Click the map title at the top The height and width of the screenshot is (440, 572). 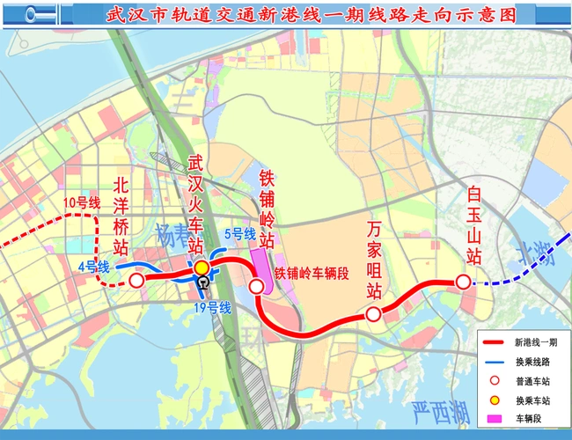pos(311,15)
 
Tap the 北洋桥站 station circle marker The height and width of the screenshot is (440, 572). pos(136,280)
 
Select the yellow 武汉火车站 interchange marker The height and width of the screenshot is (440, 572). pos(202,268)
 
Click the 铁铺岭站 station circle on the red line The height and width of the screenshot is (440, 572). pos(257,286)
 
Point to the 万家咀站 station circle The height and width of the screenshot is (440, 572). pos(373,314)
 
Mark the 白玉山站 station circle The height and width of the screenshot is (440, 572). pos(463,282)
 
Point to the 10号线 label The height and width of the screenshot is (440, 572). pos(82,203)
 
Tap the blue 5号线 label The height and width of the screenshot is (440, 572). pos(238,234)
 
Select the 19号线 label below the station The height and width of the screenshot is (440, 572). pos(212,307)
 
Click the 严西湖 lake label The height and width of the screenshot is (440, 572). pos(435,410)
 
